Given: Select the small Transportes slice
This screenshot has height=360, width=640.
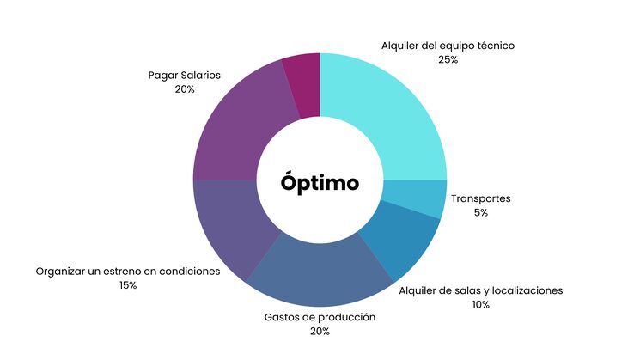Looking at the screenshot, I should click(414, 197).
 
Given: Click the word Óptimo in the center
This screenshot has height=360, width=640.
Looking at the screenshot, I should click(320, 182).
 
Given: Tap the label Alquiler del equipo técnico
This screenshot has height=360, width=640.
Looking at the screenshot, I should click(448, 46).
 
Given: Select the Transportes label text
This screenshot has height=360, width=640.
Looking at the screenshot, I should click(480, 198).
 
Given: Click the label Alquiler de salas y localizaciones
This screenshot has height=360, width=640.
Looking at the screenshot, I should click(480, 290).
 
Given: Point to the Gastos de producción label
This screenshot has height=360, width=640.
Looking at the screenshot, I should click(320, 317).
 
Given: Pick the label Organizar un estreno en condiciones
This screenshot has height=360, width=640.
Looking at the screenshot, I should click(128, 272).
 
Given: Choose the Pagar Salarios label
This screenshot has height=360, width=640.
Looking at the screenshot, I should click(184, 75).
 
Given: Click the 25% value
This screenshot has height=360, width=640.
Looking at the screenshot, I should click(448, 60).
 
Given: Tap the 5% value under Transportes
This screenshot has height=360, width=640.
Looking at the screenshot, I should click(480, 212).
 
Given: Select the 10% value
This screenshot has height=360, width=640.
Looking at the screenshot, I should click(480, 305).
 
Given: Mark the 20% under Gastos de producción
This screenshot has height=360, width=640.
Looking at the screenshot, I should click(320, 332).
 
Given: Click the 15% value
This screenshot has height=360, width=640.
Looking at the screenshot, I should click(128, 285).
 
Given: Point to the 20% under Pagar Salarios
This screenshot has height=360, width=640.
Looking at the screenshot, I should click(184, 89).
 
